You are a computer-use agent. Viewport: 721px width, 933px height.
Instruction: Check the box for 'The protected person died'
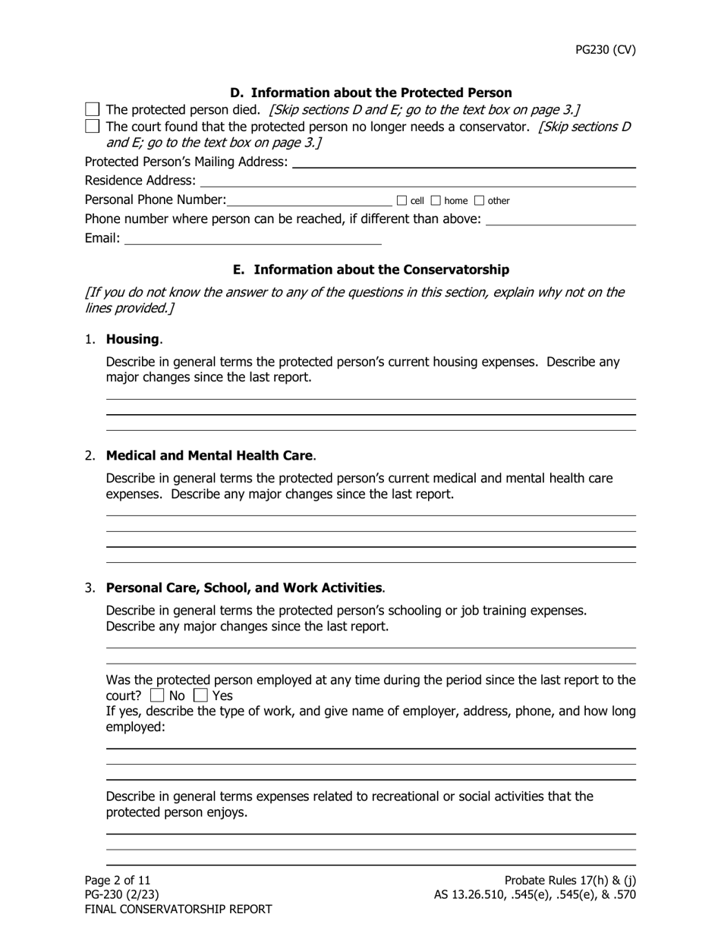[92, 110]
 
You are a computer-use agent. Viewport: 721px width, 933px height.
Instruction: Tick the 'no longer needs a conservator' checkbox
[92, 127]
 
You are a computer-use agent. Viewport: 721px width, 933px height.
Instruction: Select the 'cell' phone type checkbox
[402, 201]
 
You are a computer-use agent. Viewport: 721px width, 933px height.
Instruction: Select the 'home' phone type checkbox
[436, 201]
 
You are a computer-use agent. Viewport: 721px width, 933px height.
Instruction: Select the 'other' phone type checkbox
[479, 201]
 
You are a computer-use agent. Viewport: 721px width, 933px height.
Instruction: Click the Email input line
[252, 240]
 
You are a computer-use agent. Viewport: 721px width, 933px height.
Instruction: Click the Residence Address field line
[417, 181]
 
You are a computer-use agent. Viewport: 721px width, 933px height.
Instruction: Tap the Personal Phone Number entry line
[309, 201]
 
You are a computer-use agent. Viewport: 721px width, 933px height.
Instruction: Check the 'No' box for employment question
[157, 696]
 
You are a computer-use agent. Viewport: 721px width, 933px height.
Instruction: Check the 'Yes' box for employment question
[200, 696]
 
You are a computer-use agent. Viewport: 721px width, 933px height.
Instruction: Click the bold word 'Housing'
[132, 339]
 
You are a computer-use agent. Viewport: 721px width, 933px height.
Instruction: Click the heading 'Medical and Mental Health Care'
[209, 456]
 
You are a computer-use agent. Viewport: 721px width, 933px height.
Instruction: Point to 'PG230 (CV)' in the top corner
[605, 50]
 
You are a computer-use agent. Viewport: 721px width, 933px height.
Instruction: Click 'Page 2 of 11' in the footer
[118, 880]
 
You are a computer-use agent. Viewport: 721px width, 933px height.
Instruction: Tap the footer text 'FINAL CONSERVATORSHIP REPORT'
[178, 909]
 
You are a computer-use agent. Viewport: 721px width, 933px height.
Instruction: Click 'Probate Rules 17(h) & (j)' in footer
[570, 880]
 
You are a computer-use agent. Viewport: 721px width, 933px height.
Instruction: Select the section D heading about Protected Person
[370, 93]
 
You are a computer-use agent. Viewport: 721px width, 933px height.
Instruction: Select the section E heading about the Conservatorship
[370, 269]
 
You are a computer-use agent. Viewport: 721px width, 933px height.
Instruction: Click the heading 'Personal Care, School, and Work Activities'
[244, 588]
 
